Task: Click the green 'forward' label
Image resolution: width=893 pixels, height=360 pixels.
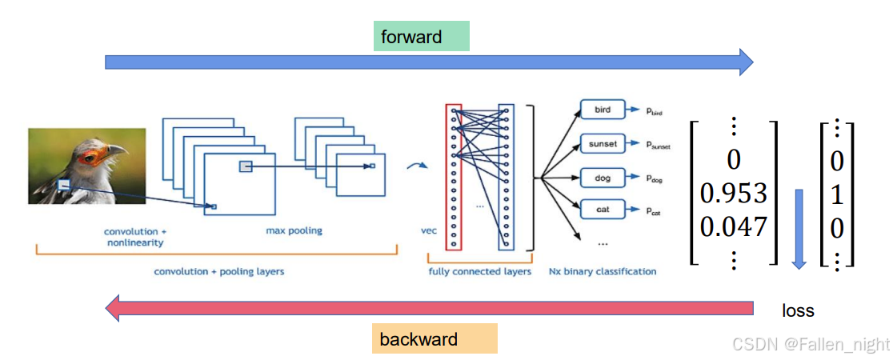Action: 422,37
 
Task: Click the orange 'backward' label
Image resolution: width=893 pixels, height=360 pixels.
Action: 434,339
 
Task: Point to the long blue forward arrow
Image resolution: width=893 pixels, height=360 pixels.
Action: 430,62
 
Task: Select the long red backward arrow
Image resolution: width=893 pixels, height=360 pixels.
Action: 430,308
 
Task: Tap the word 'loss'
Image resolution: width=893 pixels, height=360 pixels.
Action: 798,311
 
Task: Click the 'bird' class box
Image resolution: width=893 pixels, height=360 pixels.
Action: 603,110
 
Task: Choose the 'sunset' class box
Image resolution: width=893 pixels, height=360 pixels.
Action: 603,143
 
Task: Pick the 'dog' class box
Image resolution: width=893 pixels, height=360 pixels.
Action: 603,178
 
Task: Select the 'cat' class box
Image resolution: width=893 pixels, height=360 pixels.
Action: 603,210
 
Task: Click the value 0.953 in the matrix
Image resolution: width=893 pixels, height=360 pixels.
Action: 734,195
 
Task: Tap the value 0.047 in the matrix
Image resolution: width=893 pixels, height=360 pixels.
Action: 734,227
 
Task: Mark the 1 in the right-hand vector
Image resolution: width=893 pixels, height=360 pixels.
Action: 837,195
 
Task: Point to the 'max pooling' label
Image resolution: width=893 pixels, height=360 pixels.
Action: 294,230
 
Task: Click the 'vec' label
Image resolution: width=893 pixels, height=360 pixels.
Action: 428,231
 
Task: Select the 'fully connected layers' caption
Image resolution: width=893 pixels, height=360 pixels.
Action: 479,272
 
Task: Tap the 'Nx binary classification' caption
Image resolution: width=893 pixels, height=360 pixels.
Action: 603,272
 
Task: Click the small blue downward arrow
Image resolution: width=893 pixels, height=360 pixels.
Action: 799,229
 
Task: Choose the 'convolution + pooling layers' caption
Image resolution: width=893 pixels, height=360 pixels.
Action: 218,272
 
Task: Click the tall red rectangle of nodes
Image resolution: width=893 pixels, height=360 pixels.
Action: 454,177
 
